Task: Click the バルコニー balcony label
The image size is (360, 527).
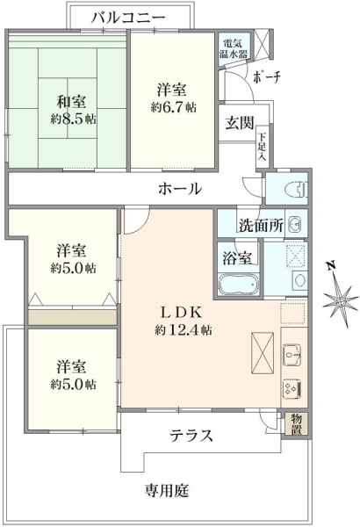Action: pyautogui.click(x=127, y=18)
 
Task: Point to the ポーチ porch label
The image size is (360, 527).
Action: pyautogui.click(x=266, y=77)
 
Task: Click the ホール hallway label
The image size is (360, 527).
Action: pyautogui.click(x=179, y=188)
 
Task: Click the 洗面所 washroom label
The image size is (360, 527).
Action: pyautogui.click(x=262, y=225)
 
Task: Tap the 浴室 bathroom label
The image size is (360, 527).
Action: pyautogui.click(x=236, y=258)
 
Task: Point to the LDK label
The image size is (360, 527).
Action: pyautogui.click(x=181, y=312)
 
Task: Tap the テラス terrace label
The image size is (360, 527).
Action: pyautogui.click(x=191, y=435)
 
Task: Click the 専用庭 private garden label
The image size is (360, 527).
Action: pyautogui.click(x=167, y=490)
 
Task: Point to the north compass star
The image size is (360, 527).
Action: pyautogui.click(x=338, y=299)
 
